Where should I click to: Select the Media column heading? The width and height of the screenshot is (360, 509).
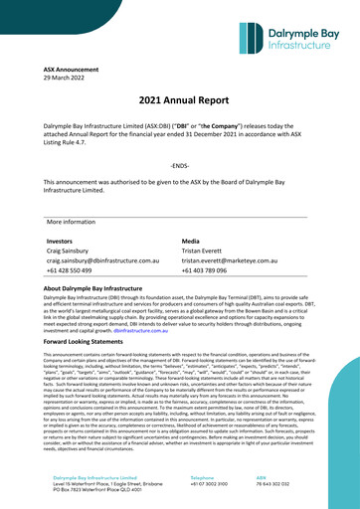click(192, 241)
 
